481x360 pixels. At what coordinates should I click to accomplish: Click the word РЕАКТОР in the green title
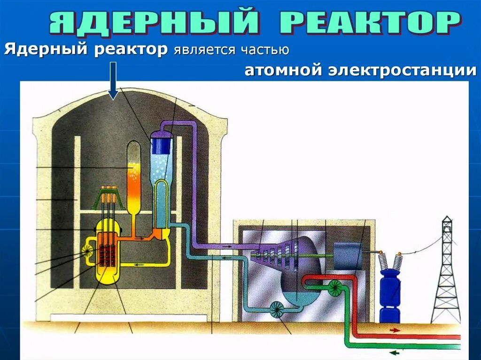370,22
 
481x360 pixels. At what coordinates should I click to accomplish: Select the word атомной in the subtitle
283,71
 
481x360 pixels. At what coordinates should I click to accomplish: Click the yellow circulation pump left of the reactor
88,252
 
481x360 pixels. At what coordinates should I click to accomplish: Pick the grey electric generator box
347,256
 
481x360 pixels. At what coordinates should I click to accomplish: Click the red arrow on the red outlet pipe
395,330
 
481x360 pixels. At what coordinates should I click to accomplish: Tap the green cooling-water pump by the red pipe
335,288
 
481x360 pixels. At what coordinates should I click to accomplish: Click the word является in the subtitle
204,49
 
